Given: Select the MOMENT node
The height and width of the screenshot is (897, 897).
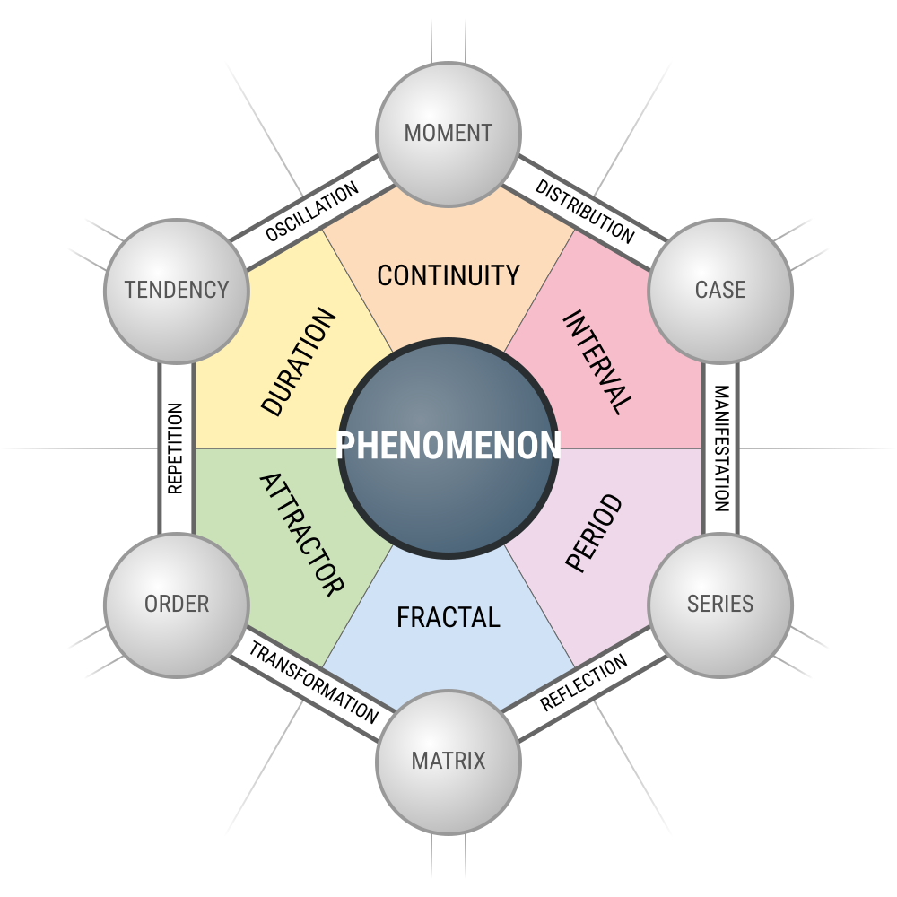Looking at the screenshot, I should [x=448, y=134].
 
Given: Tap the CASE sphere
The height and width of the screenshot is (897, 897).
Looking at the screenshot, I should [x=720, y=290].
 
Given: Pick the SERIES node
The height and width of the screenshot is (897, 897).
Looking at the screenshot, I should [x=720, y=604].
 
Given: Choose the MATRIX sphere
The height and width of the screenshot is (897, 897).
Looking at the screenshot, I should [x=448, y=762].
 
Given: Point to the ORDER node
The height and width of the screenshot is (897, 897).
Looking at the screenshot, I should [x=177, y=604].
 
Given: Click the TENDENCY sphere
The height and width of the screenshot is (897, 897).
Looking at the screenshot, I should [x=177, y=290].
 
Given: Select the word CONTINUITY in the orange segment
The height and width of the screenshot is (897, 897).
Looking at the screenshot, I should [x=448, y=275].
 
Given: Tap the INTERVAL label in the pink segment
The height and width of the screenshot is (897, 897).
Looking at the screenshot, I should [x=597, y=361].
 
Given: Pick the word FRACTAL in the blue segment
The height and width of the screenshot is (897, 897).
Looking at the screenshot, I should [x=448, y=617].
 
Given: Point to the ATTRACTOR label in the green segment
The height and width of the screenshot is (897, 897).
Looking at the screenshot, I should [x=301, y=535].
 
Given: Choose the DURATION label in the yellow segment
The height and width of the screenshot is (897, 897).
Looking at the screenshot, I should [x=300, y=362].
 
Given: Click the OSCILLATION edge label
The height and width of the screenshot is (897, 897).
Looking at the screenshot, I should [x=312, y=212].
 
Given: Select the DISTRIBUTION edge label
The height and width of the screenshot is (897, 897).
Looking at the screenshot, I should [x=585, y=212].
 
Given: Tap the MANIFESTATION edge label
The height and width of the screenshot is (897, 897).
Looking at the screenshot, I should [x=720, y=448].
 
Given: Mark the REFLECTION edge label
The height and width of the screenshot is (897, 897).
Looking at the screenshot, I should [x=584, y=684].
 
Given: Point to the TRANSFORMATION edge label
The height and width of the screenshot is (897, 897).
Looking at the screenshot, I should [x=313, y=684].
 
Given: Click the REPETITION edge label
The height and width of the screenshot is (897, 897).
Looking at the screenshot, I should [x=176, y=448].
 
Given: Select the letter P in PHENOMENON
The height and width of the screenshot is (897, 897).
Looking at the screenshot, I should [x=345, y=446].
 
